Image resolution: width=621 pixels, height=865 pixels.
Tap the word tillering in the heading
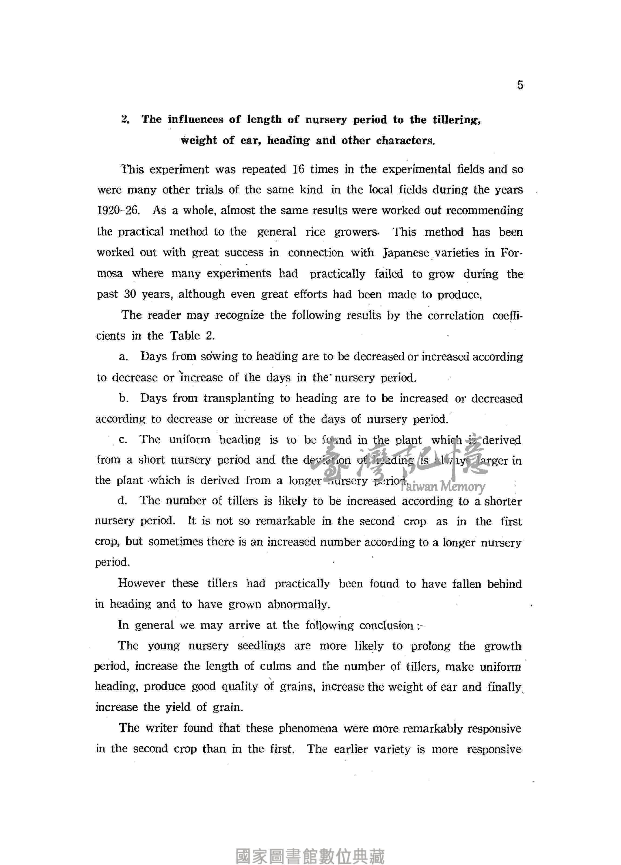tap(456, 120)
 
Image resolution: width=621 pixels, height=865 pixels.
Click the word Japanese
tap(406, 253)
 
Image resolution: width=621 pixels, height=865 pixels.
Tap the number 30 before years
tap(130, 294)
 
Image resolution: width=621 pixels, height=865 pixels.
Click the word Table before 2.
tap(185, 336)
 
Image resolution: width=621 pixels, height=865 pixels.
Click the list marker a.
tap(123, 357)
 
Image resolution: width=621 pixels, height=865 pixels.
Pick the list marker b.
tap(123, 398)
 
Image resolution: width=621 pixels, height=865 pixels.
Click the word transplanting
tap(238, 398)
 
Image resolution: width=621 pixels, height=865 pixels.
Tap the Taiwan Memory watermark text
tap(443, 486)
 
